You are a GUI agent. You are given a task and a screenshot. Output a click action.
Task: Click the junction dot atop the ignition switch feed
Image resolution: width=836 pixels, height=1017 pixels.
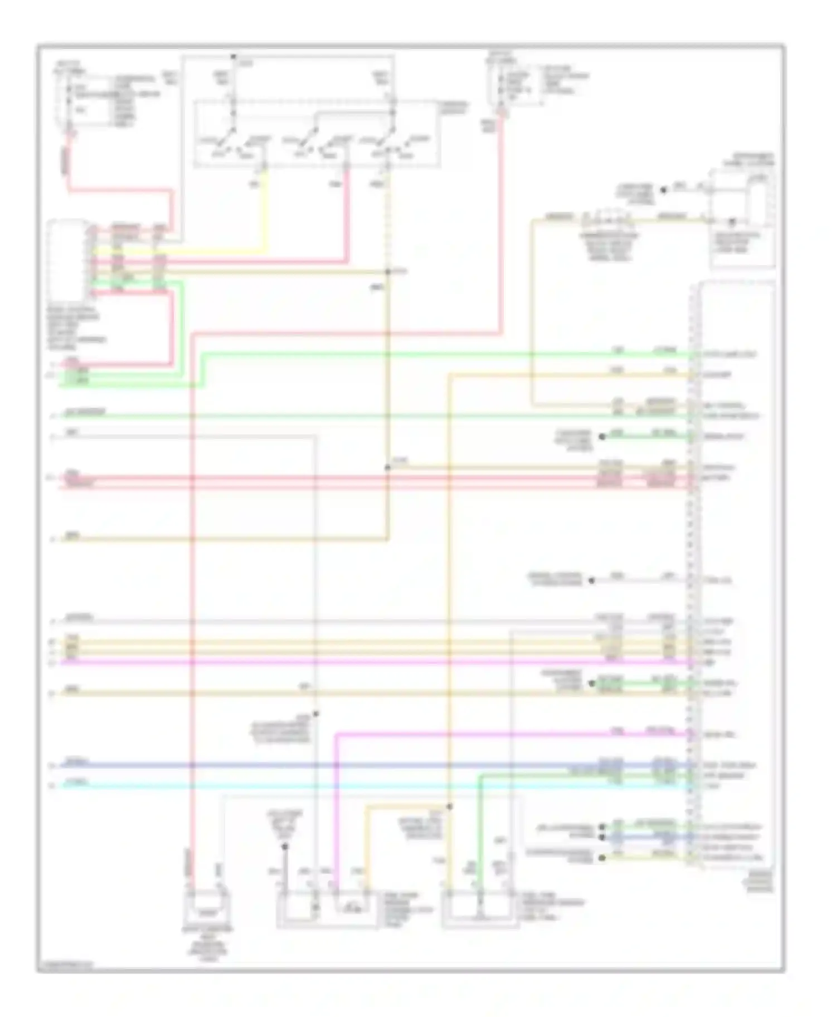(x=234, y=57)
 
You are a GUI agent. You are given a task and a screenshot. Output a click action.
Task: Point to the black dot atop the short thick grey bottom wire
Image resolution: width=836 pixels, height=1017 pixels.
(x=284, y=847)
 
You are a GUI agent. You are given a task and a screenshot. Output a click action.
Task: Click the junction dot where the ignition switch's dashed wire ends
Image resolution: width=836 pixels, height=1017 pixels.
(x=388, y=272)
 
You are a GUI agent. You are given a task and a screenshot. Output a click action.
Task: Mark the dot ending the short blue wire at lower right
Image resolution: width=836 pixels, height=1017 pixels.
(x=602, y=837)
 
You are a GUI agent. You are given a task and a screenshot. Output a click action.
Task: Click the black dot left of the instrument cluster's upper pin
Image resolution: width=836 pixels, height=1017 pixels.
(x=663, y=190)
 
